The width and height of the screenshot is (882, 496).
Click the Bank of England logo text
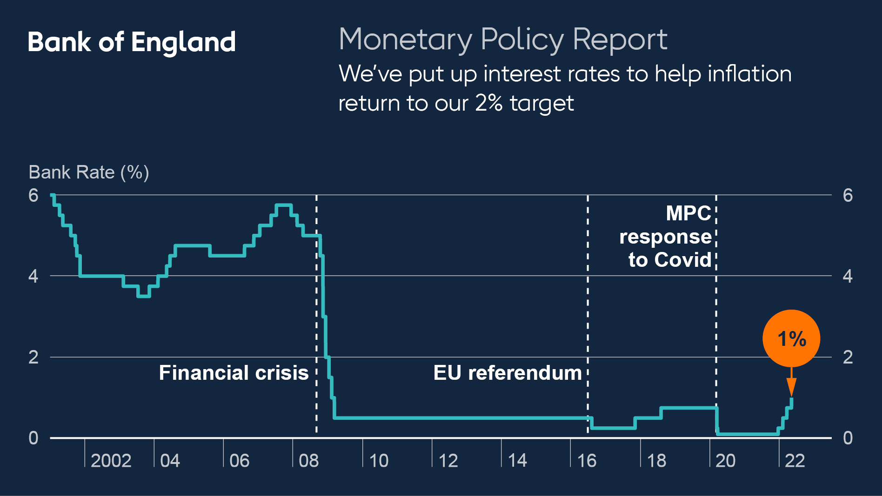pos(132,42)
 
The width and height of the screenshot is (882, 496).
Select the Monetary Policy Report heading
pos(503,40)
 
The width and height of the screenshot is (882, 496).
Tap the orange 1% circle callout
pos(791,338)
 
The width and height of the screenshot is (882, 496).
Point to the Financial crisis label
pos(234,373)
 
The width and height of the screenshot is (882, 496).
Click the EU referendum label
pos(508,373)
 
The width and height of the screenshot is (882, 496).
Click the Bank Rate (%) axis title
pos(89,172)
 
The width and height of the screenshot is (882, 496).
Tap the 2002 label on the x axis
pos(111,461)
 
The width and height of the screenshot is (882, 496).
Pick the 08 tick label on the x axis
pos(308,461)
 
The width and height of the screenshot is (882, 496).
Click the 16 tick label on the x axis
pos(587,461)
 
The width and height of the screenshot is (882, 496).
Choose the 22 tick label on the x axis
pos(795,461)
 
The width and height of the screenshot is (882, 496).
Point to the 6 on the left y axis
pos(33,195)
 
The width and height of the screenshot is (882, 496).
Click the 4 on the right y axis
pos(848,276)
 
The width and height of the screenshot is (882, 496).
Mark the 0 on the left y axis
pos(33,438)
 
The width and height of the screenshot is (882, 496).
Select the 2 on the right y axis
pos(848,357)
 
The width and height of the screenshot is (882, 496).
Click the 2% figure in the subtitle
pos(488,103)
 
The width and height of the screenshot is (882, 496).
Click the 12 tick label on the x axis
pos(448,461)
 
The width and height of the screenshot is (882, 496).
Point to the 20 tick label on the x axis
pos(725,461)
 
